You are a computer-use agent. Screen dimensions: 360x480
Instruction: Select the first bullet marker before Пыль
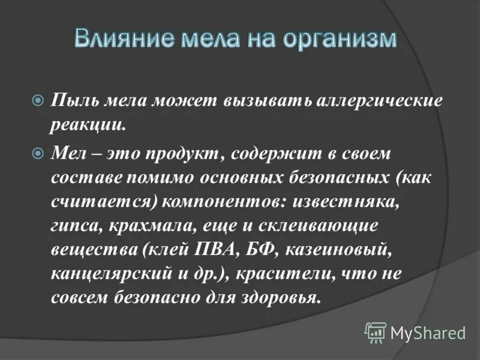click(x=38, y=100)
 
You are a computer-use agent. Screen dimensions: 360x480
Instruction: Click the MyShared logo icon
click(x=376, y=332)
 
